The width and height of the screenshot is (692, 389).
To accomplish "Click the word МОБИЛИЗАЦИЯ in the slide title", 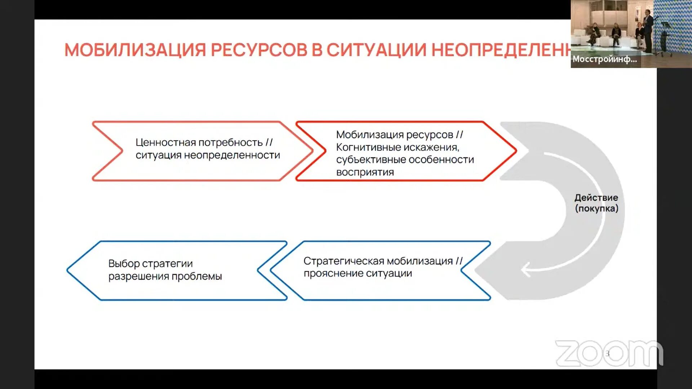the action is pos(135,50).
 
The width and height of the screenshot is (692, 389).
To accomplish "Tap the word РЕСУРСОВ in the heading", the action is pos(259,50).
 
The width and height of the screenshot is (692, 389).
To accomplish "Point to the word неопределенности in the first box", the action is pos(232,155).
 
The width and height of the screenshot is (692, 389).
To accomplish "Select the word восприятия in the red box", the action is pos(365,172).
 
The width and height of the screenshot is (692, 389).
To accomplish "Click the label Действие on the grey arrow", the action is pos(596,198).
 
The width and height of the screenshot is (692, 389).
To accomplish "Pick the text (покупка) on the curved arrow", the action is pos(596,209).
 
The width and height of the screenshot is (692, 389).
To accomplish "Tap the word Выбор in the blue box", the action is pos(124,264).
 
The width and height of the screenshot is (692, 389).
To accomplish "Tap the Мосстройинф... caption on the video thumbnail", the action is pos(604,59).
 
